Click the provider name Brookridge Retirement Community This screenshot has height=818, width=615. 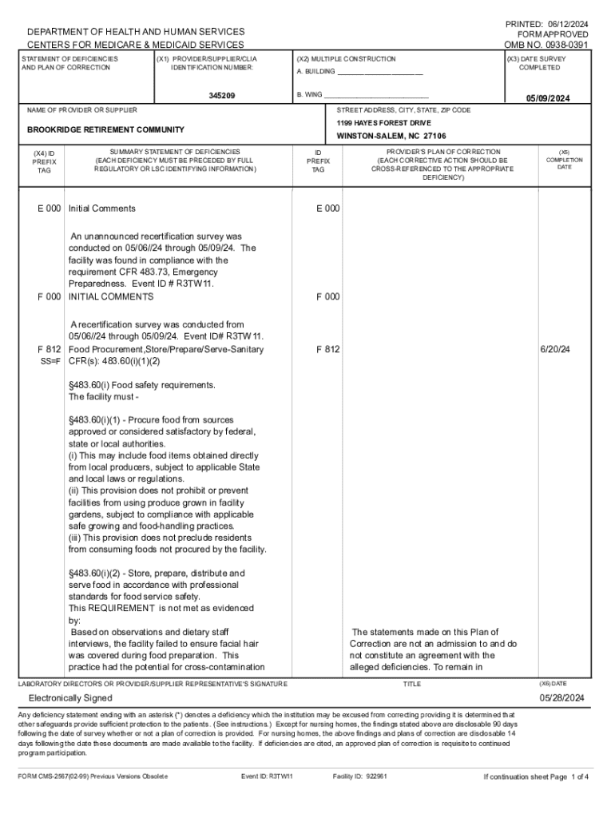(105, 129)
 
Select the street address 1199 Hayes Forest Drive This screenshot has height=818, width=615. (383, 123)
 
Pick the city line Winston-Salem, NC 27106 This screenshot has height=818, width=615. (391, 137)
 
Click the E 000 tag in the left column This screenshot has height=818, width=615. (49, 208)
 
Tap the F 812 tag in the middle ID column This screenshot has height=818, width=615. (327, 349)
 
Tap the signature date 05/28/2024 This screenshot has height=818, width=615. (561, 697)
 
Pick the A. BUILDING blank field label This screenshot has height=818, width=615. (316, 72)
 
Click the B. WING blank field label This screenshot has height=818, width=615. (310, 94)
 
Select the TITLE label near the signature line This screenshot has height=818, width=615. (411, 685)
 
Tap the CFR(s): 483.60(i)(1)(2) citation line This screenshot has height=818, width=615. (114, 361)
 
